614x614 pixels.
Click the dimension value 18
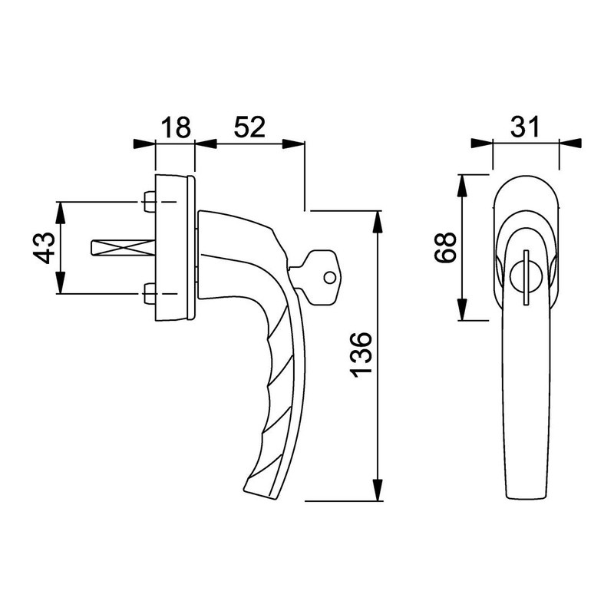coord(175,127)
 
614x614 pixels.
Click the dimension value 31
coord(526,127)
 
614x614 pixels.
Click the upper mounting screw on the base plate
coord(150,203)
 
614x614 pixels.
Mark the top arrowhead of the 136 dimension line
coord(378,219)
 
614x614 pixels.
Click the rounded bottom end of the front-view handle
coord(526,495)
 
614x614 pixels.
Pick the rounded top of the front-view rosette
coord(526,178)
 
